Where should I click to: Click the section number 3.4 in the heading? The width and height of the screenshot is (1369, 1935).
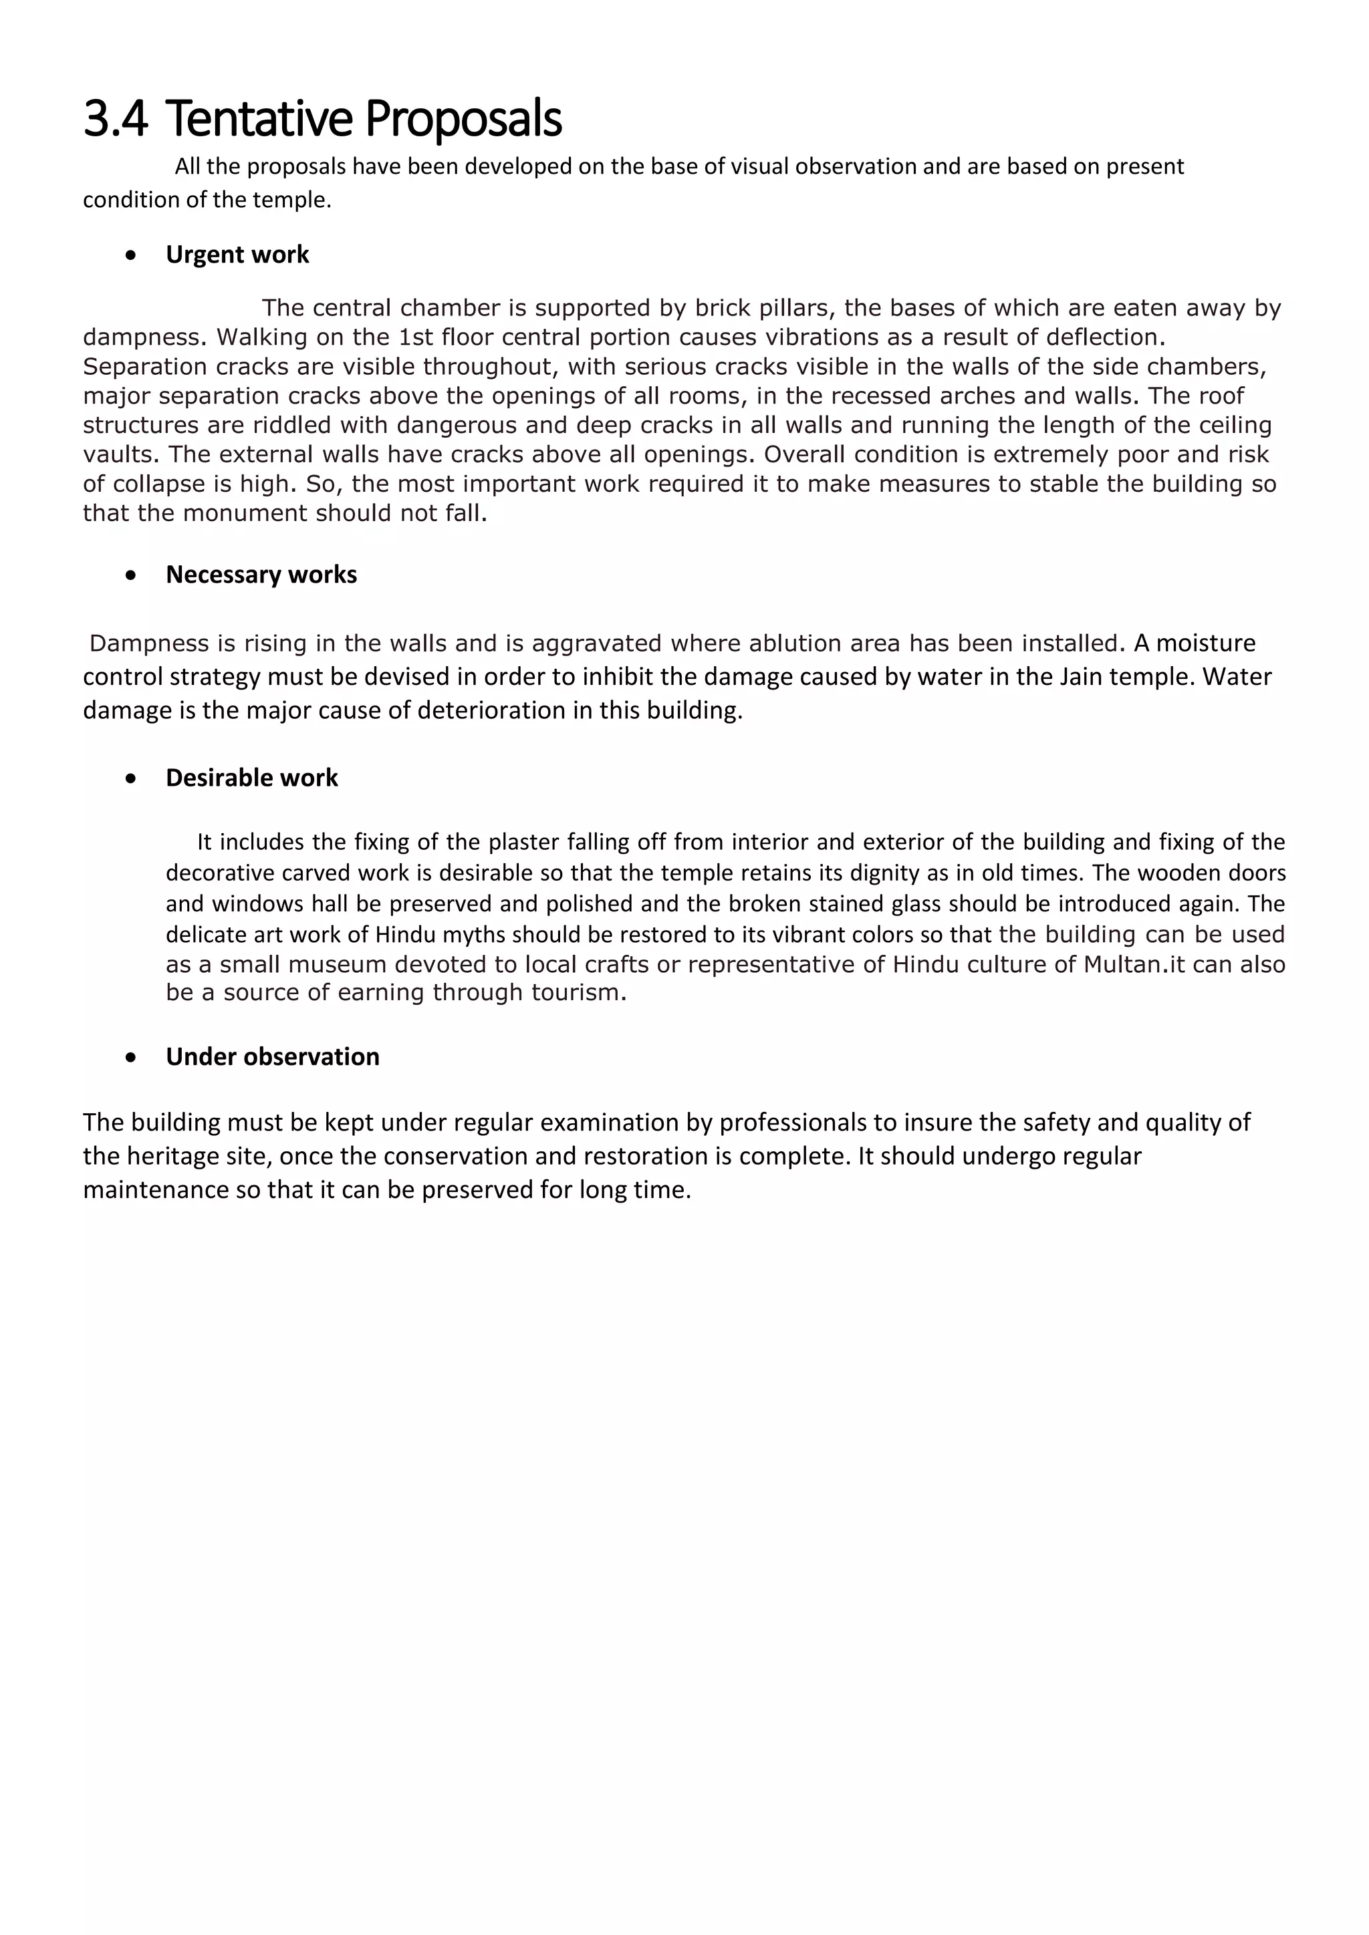(x=116, y=119)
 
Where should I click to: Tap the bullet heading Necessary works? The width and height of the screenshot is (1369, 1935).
(x=261, y=575)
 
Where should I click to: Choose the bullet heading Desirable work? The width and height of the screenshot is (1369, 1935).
(x=251, y=778)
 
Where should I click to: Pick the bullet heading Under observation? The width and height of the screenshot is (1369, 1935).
(x=272, y=1057)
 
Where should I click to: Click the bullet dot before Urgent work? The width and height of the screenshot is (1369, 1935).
(x=130, y=255)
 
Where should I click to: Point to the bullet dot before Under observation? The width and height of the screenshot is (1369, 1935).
(x=130, y=1058)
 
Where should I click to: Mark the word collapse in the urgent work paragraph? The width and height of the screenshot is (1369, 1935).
(x=157, y=484)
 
